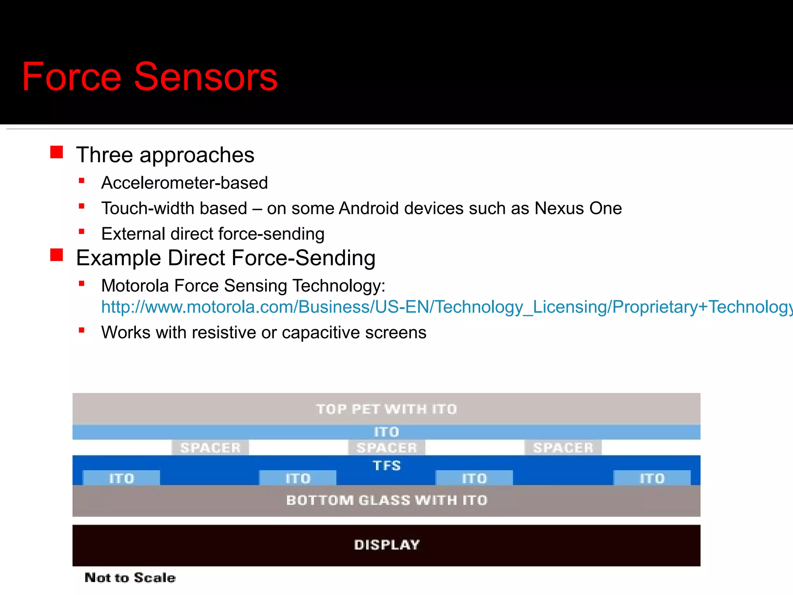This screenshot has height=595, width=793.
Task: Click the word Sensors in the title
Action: click(206, 77)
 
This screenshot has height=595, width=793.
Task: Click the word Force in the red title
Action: click(72, 77)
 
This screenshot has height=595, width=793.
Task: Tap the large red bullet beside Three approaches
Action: click(57, 152)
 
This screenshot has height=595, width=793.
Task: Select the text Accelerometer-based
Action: click(184, 183)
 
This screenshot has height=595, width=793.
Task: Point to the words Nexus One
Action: click(578, 208)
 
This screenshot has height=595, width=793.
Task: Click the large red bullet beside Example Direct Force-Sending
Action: click(57, 255)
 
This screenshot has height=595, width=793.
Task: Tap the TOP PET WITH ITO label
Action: click(386, 409)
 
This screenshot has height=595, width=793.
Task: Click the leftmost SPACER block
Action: click(210, 448)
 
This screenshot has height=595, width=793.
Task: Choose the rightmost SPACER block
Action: click(563, 448)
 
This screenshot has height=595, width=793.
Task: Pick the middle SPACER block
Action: click(386, 448)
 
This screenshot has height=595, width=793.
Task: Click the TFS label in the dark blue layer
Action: click(386, 465)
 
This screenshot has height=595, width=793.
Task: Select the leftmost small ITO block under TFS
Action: click(121, 478)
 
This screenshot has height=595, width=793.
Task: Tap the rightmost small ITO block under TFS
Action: click(652, 478)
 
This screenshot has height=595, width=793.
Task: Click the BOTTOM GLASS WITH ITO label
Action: click(386, 500)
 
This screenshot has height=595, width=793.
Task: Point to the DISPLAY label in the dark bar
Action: click(386, 545)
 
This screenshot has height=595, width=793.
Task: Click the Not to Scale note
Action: click(130, 578)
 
